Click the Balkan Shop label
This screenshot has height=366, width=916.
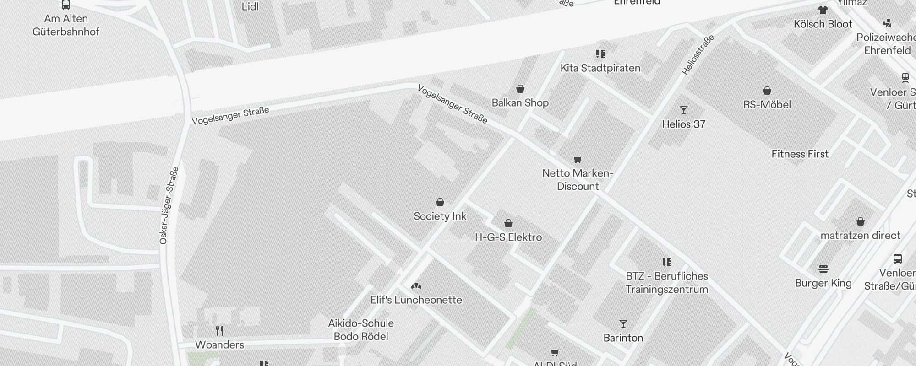point(520,103)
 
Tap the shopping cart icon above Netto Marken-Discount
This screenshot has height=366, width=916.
point(578,159)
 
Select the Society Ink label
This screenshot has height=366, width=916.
point(440,216)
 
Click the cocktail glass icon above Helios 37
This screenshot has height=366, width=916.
point(683,110)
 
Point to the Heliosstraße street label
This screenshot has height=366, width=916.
point(698,55)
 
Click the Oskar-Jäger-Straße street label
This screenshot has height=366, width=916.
point(169,205)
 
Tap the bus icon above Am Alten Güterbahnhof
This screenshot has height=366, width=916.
point(66,5)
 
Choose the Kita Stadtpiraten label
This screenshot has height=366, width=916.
point(600,68)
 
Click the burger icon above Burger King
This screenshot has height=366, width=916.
point(823,269)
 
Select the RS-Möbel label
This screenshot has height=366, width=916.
point(767,105)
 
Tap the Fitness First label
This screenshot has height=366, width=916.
point(800,154)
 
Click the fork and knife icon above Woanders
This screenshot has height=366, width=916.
point(219,330)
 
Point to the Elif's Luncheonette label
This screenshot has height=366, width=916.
point(416,300)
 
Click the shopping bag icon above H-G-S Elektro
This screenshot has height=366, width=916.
point(508,223)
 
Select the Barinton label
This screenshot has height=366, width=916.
point(623,338)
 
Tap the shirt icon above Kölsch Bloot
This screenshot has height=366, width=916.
point(823,10)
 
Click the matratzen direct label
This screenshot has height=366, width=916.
point(860,236)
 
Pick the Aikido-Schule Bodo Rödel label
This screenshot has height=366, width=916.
point(361,330)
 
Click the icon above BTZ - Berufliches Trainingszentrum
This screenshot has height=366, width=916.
point(666,262)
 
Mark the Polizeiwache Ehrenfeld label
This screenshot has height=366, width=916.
point(887,44)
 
